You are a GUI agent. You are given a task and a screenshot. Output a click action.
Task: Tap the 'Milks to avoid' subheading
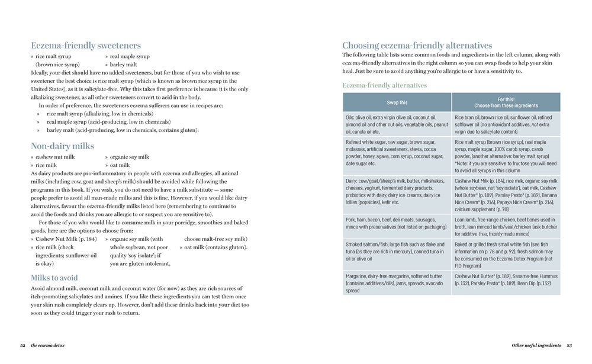(62, 278)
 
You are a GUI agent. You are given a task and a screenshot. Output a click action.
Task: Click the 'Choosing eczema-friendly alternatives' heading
(417, 45)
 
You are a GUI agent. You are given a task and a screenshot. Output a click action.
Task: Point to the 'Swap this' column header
(397, 102)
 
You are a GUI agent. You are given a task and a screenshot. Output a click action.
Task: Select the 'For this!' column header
(506, 102)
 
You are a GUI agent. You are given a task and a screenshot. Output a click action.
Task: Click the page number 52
(22, 345)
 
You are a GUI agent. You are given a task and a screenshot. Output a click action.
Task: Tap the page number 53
(569, 345)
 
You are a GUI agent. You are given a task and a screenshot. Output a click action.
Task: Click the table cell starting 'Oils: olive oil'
(397, 124)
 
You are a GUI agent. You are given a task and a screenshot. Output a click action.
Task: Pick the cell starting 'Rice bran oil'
(506, 124)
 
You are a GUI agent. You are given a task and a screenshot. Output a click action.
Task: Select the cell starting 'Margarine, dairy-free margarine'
(397, 283)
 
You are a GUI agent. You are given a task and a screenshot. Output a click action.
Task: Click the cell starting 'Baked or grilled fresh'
(506, 254)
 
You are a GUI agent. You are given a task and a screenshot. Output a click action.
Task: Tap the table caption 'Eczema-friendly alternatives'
(385, 85)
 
